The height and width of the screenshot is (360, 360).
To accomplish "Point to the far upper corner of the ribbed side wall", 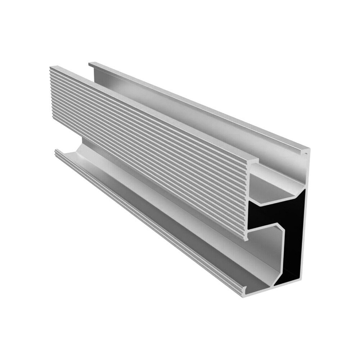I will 51,68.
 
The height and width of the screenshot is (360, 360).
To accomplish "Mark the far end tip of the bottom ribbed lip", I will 56,151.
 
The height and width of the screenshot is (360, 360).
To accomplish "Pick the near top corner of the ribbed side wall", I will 256,159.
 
